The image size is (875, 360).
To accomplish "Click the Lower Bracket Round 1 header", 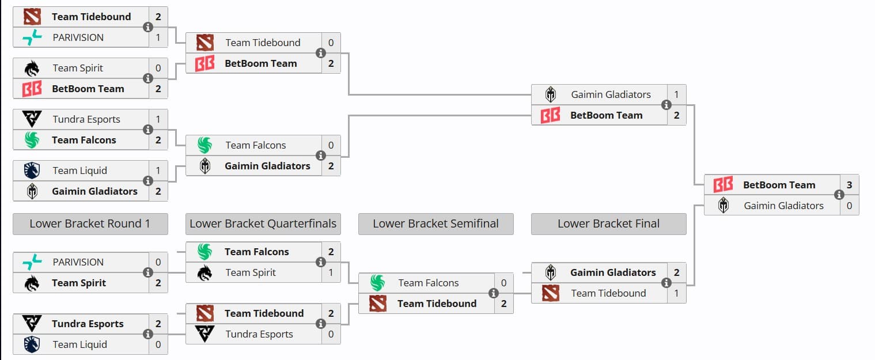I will [x=90, y=224].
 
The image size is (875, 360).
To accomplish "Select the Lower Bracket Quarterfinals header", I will [x=263, y=224].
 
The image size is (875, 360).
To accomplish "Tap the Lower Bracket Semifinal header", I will [x=435, y=224].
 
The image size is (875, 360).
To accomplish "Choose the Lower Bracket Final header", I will [x=608, y=224].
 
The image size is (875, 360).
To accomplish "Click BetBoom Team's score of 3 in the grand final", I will [x=849, y=185].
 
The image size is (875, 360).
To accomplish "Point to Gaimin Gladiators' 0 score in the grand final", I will [x=849, y=206].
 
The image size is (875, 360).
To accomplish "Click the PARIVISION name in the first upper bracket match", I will [x=78, y=37].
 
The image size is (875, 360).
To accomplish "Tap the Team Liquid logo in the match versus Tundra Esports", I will [x=32, y=344].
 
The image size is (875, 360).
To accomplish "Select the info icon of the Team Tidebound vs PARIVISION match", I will [x=148, y=27].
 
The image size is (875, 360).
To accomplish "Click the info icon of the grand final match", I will [x=839, y=195].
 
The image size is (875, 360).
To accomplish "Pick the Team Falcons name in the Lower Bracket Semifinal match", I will [x=428, y=283].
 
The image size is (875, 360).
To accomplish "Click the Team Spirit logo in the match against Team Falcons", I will [x=204, y=272].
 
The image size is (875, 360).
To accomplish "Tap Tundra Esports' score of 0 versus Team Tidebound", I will [x=331, y=334].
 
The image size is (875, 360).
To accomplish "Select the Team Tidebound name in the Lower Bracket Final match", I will [x=608, y=293].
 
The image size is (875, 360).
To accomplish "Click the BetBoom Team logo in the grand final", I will [x=723, y=185].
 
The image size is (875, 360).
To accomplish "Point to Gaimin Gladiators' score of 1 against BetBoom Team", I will [x=676, y=94].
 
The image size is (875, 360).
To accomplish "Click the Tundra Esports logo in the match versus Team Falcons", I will [x=32, y=119].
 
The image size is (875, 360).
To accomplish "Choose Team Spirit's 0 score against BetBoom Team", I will [x=158, y=68].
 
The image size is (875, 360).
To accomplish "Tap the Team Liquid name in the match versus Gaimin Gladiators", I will [x=79, y=170].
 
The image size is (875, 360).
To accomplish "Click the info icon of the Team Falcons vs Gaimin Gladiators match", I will [x=321, y=156].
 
